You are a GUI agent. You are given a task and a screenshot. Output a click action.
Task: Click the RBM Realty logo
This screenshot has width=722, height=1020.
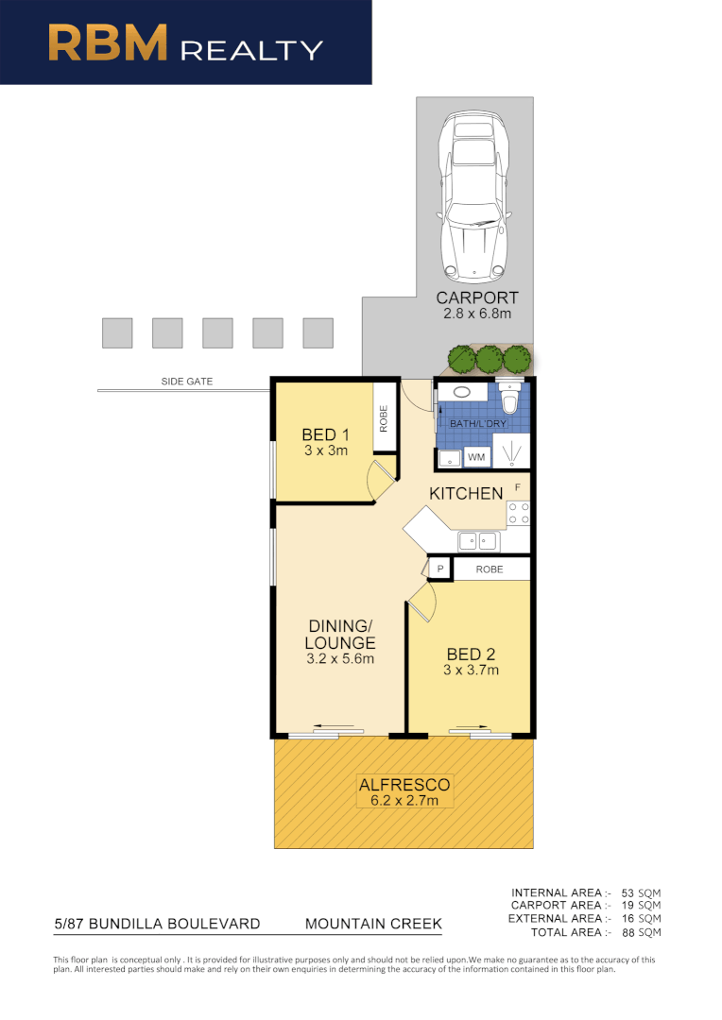click(x=185, y=42)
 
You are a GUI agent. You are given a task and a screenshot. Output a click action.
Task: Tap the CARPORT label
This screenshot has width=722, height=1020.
click(x=476, y=298)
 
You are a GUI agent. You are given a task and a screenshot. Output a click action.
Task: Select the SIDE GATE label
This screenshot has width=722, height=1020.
click(x=186, y=382)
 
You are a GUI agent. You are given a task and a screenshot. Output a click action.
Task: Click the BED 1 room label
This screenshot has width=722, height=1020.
click(x=324, y=434)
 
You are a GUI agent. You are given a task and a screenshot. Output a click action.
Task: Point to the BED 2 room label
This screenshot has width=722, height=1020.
click(x=471, y=654)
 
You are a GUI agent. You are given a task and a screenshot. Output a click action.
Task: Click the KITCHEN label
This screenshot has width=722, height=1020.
click(x=466, y=493)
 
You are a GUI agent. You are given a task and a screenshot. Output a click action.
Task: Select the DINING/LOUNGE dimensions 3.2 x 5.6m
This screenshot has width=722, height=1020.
click(x=339, y=658)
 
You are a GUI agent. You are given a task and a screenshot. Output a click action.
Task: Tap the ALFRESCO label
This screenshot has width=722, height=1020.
click(x=404, y=784)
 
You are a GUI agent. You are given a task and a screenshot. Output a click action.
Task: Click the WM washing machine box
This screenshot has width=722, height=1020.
click(x=476, y=458)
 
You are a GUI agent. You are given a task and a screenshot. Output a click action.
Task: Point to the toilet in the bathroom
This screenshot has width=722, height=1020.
click(x=509, y=400)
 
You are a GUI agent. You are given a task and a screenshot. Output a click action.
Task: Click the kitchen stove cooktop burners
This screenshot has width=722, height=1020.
click(x=518, y=512)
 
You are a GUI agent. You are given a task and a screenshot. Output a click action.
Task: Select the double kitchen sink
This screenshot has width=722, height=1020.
click(x=477, y=541)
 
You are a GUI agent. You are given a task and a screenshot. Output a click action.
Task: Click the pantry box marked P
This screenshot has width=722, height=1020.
click(x=439, y=569)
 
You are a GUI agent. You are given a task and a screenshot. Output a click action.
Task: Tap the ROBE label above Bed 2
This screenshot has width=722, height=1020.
click(x=490, y=569)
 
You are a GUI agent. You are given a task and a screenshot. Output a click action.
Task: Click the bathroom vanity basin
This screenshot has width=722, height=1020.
click(x=463, y=391)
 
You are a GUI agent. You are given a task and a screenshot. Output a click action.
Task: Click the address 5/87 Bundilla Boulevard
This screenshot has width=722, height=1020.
click(x=156, y=924)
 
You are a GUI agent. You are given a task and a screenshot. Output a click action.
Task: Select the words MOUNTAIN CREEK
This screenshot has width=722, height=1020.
click(x=373, y=924)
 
